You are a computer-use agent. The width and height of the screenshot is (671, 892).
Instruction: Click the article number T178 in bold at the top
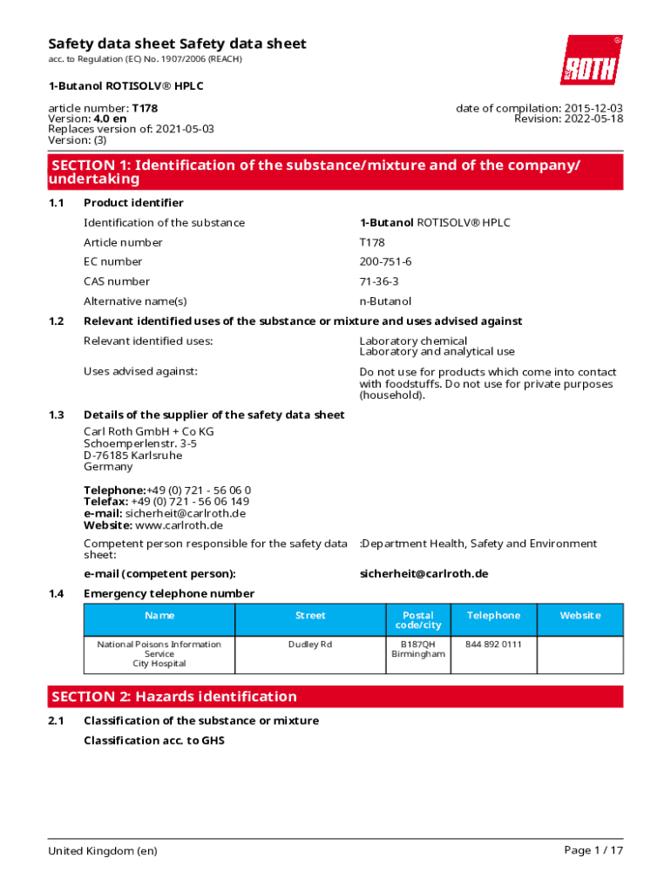click(x=145, y=109)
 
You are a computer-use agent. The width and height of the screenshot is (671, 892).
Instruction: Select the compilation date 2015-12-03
click(x=592, y=109)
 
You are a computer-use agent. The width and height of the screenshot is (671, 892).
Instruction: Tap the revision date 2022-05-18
click(x=592, y=119)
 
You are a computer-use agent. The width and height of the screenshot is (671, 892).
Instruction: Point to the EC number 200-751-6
click(x=385, y=262)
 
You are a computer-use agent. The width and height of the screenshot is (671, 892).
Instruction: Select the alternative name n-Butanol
click(x=385, y=301)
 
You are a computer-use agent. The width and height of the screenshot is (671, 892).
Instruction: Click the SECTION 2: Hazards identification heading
click(x=174, y=697)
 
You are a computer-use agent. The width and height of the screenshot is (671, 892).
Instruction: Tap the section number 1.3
click(x=56, y=416)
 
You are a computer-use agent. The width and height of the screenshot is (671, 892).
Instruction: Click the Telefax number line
click(x=166, y=502)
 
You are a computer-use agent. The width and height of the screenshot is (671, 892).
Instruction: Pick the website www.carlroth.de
click(x=179, y=525)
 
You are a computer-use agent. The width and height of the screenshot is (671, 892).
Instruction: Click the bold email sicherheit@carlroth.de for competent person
click(x=424, y=574)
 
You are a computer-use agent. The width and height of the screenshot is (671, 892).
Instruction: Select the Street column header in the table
click(x=310, y=616)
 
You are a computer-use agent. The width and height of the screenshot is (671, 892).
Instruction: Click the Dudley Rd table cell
click(x=310, y=645)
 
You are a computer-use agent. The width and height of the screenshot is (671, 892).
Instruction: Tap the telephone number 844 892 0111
click(x=493, y=645)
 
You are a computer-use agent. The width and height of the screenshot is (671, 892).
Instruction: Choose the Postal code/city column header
click(x=417, y=620)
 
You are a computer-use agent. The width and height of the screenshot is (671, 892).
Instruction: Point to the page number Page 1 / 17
click(x=593, y=851)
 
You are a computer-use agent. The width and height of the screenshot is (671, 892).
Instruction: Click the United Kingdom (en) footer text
click(x=103, y=851)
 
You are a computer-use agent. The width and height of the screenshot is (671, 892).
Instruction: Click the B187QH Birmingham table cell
click(x=417, y=649)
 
